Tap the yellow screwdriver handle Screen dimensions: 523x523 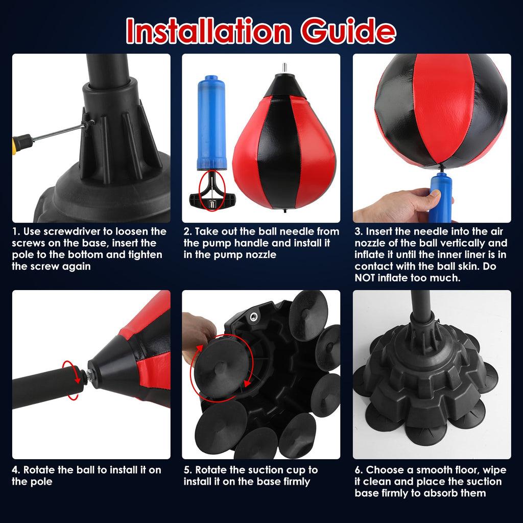tap(21, 144)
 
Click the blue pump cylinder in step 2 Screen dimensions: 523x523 tap(211, 123)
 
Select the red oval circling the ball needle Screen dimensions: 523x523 tap(211, 190)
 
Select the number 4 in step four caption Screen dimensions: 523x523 tap(15, 470)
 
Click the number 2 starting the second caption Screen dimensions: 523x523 tap(186, 232)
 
